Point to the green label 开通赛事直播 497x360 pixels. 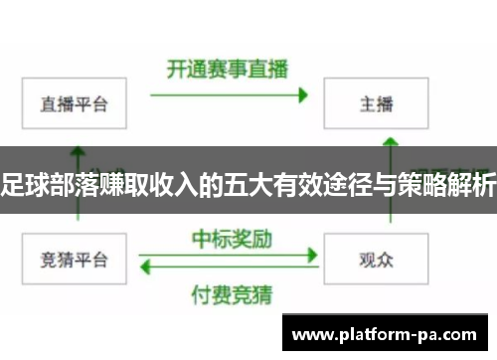(227, 70)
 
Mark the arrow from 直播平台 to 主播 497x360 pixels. (228, 96)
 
